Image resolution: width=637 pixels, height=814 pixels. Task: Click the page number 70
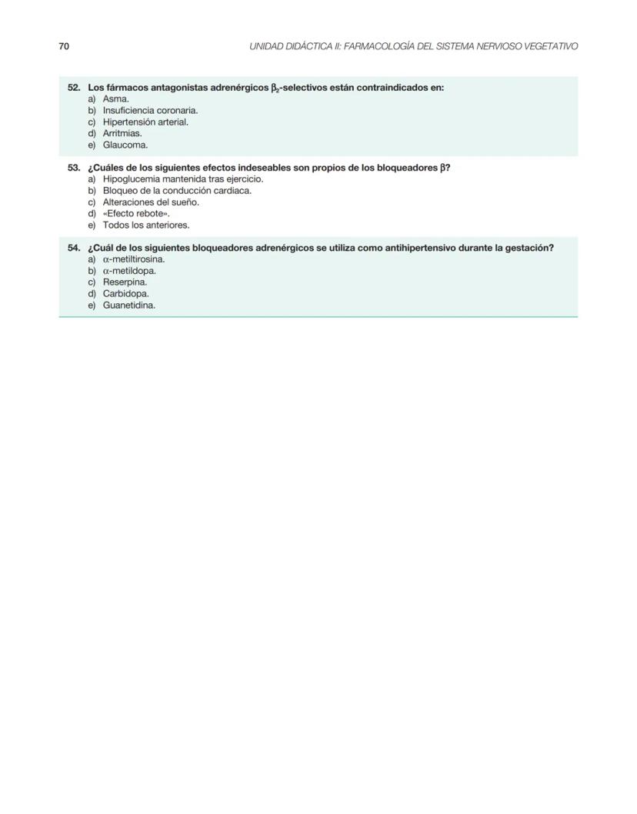[64, 47]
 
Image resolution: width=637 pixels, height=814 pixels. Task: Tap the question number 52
[75, 88]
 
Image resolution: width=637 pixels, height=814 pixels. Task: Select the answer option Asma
[115, 99]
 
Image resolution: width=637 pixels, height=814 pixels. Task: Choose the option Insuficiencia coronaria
[150, 111]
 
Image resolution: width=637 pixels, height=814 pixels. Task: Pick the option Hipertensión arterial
[145, 122]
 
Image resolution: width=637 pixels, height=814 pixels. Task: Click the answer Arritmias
[122, 133]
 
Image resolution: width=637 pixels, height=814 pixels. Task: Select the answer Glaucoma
[125, 145]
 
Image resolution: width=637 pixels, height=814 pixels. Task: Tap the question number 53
[75, 168]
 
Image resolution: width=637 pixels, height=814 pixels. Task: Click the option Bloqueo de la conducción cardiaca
[177, 191]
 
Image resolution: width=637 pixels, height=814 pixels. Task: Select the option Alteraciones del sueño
[151, 202]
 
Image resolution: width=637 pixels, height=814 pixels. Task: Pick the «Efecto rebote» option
[136, 213]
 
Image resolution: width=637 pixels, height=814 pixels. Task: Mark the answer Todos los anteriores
[145, 225]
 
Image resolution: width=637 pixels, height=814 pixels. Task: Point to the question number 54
[75, 248]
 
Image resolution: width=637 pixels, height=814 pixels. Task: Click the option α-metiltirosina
[134, 259]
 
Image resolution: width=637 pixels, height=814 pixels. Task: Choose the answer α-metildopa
[129, 271]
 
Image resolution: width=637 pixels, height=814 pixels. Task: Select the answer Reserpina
[125, 282]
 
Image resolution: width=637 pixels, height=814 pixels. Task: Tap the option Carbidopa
[126, 293]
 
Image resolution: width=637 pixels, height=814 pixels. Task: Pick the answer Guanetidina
[128, 305]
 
